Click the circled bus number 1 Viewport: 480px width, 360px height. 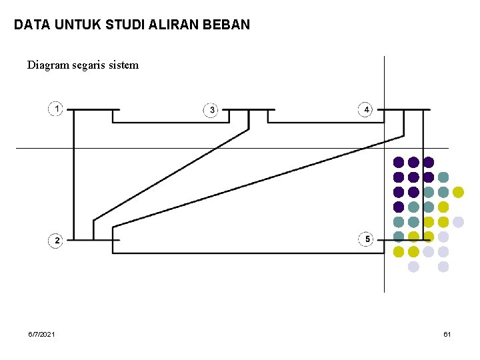pyautogui.click(x=55, y=108)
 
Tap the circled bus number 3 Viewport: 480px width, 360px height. pyautogui.click(x=211, y=109)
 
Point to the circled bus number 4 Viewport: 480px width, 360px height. pyautogui.click(x=365, y=109)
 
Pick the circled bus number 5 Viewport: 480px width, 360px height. pyautogui.click(x=366, y=239)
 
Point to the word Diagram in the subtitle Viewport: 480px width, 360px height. pyautogui.click(x=47, y=65)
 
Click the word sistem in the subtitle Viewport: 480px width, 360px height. pyautogui.click(x=127, y=65)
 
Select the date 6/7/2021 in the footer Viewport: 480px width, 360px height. pyautogui.click(x=42, y=333)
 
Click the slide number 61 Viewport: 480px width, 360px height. pyautogui.click(x=447, y=333)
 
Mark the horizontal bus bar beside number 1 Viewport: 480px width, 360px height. pyautogui.click(x=95, y=109)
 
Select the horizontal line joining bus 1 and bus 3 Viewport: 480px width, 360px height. pyautogui.click(x=171, y=122)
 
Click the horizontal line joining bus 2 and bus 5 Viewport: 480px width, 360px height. pyautogui.click(x=247, y=253)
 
